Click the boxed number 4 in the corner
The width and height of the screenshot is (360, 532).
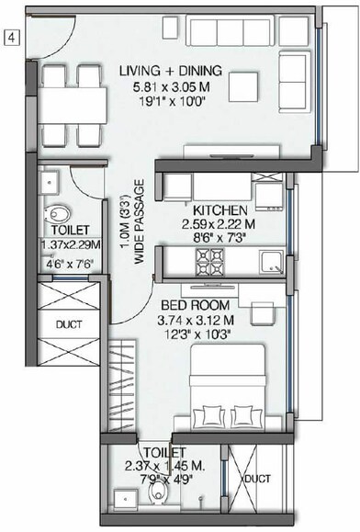pos(11,38)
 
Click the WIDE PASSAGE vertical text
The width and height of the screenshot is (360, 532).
pos(140,229)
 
